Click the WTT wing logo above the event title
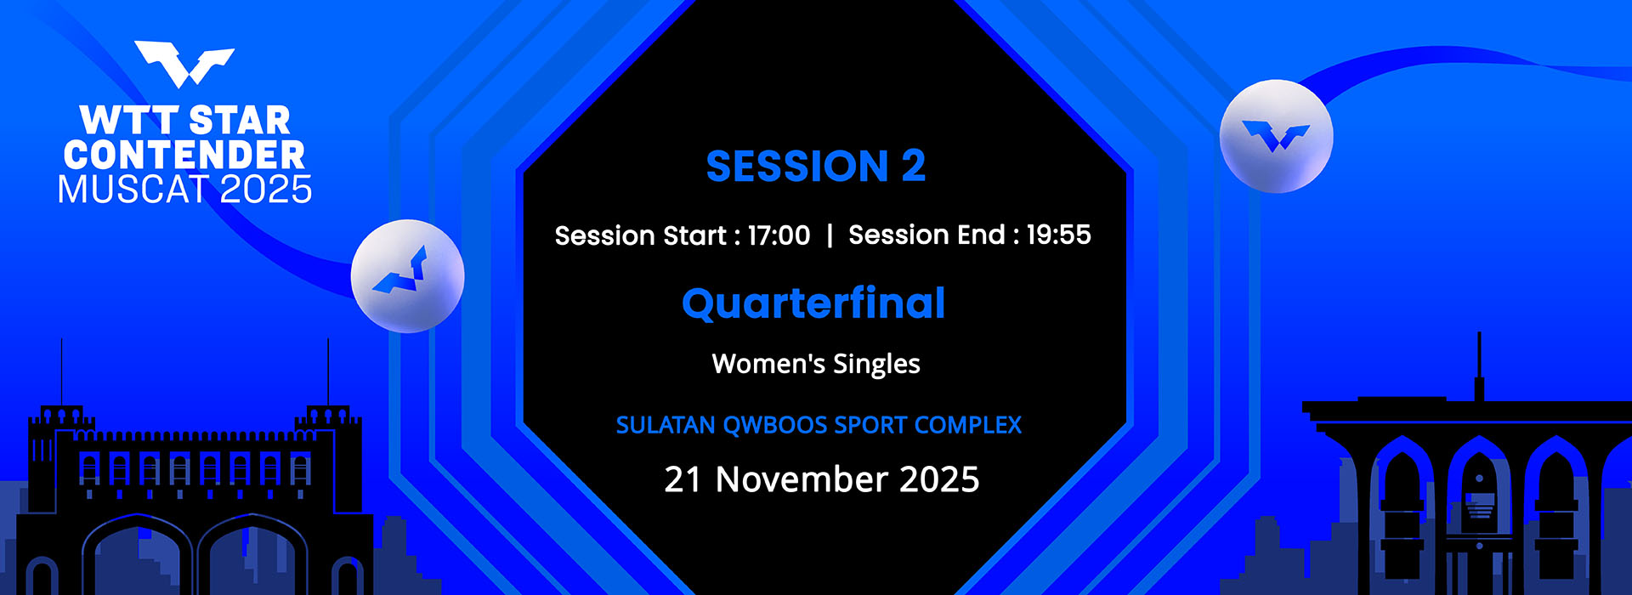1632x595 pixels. (x=184, y=64)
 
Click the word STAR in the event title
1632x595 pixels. (x=240, y=121)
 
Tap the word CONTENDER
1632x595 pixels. (x=184, y=155)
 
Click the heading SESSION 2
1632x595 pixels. (x=816, y=166)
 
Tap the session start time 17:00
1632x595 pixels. (x=779, y=235)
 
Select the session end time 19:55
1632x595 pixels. (x=1058, y=235)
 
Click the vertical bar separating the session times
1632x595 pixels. (x=830, y=235)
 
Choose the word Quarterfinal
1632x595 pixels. (x=813, y=303)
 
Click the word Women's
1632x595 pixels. (x=768, y=364)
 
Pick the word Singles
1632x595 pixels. (x=876, y=365)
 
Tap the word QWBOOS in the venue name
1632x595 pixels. (x=774, y=425)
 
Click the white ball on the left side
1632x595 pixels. (x=408, y=275)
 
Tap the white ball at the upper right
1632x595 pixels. (x=1276, y=136)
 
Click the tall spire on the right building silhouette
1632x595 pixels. (x=1479, y=366)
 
